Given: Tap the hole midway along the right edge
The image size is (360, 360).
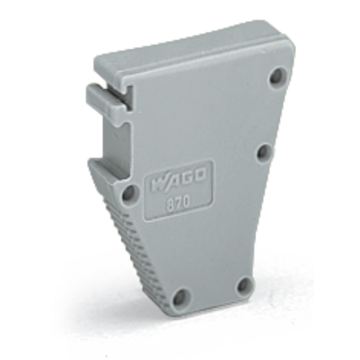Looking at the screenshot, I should pyautogui.click(x=266, y=153).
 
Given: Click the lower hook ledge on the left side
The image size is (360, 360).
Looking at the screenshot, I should pyautogui.click(x=108, y=169).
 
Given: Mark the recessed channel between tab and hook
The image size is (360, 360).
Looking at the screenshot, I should pyautogui.click(x=115, y=140).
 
